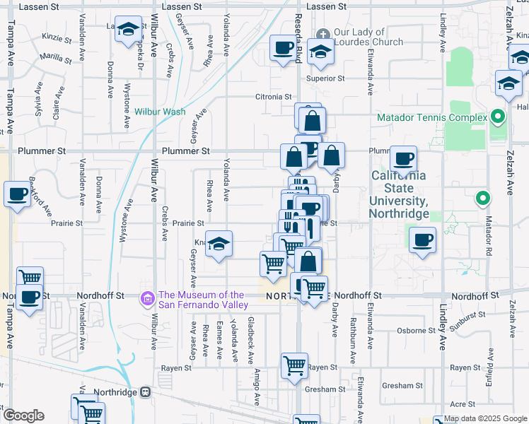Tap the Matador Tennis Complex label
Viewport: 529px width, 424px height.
[x=431, y=117]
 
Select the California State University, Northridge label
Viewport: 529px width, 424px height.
[x=399, y=194]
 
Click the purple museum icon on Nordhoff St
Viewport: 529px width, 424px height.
[x=148, y=299]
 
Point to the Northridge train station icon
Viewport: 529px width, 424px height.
[x=146, y=391]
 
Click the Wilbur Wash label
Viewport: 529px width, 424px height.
[x=160, y=112]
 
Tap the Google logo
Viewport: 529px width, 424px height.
[x=23, y=416]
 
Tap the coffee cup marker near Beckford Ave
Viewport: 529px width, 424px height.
[x=17, y=194]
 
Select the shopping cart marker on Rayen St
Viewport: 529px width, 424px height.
[x=294, y=366]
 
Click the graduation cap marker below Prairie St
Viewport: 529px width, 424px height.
[x=219, y=244]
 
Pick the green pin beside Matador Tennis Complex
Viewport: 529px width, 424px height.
[x=498, y=117]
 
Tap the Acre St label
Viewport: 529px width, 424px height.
[x=462, y=404]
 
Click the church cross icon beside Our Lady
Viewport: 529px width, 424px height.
[x=322, y=33]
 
